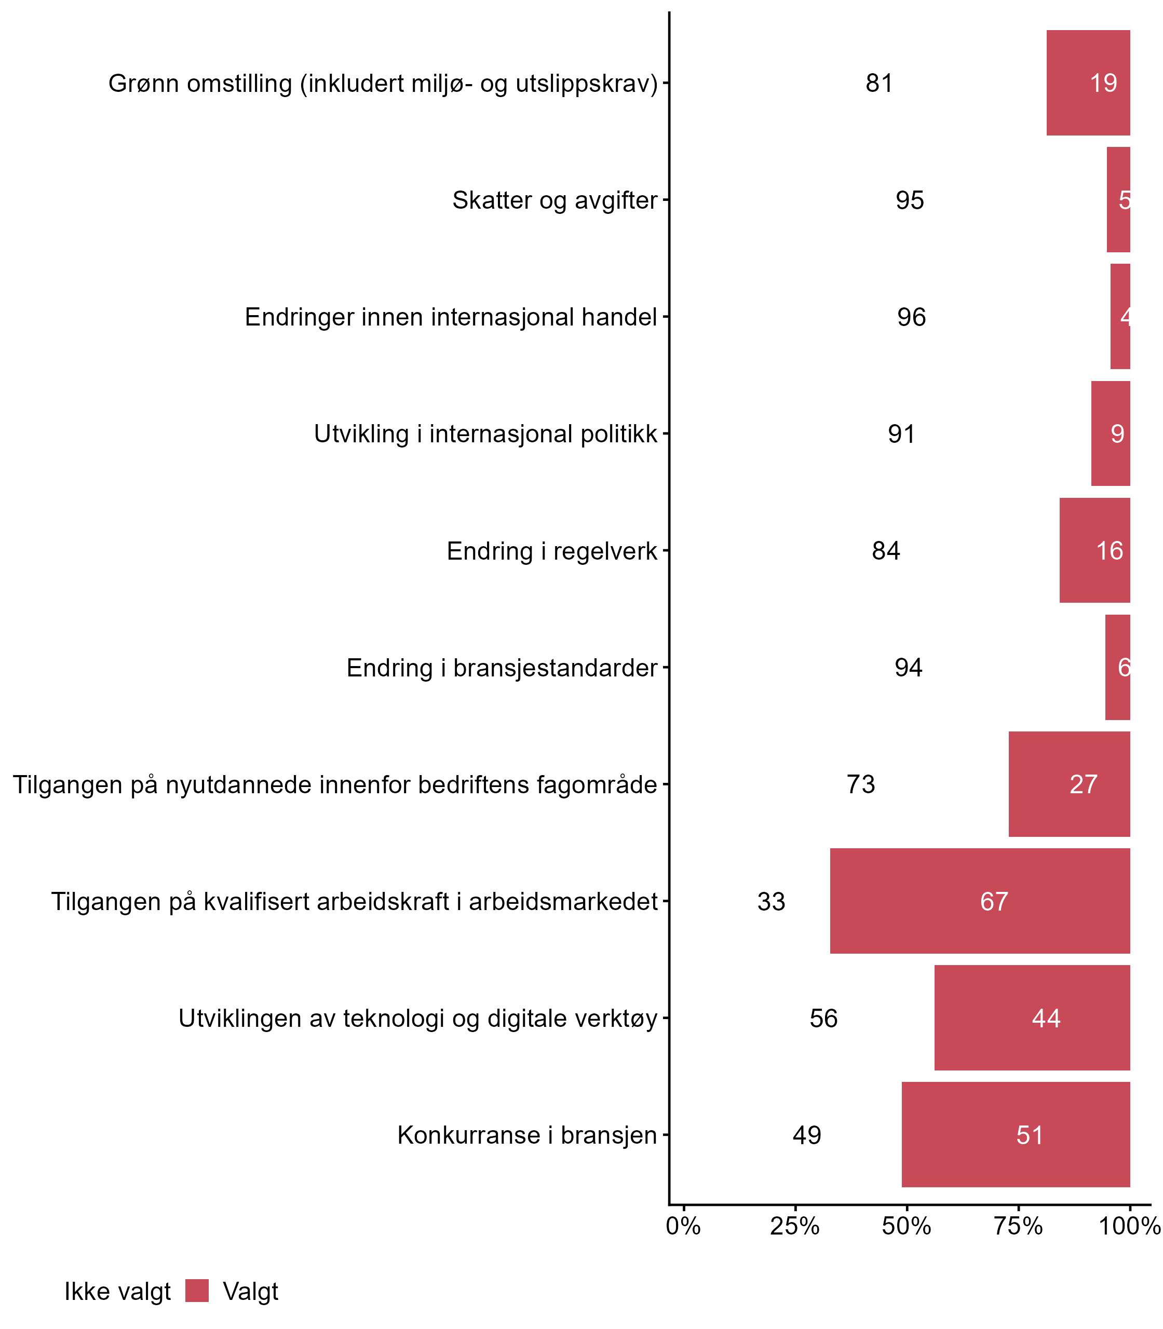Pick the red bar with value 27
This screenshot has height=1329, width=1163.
coord(1069,784)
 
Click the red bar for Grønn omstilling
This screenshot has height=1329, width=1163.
coord(1088,83)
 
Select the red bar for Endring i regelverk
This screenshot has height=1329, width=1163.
coord(1094,550)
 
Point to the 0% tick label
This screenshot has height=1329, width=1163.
coord(683,1226)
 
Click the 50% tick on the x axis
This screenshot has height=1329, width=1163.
coord(907,1226)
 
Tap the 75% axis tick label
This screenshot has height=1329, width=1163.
coord(1018,1226)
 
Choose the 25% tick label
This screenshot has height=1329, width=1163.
coord(795,1226)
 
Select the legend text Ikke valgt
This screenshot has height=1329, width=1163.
coord(117,1292)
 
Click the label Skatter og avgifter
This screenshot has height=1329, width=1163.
coord(555,200)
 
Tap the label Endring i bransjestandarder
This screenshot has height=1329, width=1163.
coord(502,668)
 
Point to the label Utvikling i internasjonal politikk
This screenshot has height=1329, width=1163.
coord(485,433)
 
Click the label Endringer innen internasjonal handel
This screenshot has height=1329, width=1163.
coord(451,317)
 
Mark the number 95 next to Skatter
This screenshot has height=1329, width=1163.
coord(910,200)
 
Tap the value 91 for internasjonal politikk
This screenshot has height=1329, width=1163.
coord(901,434)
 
